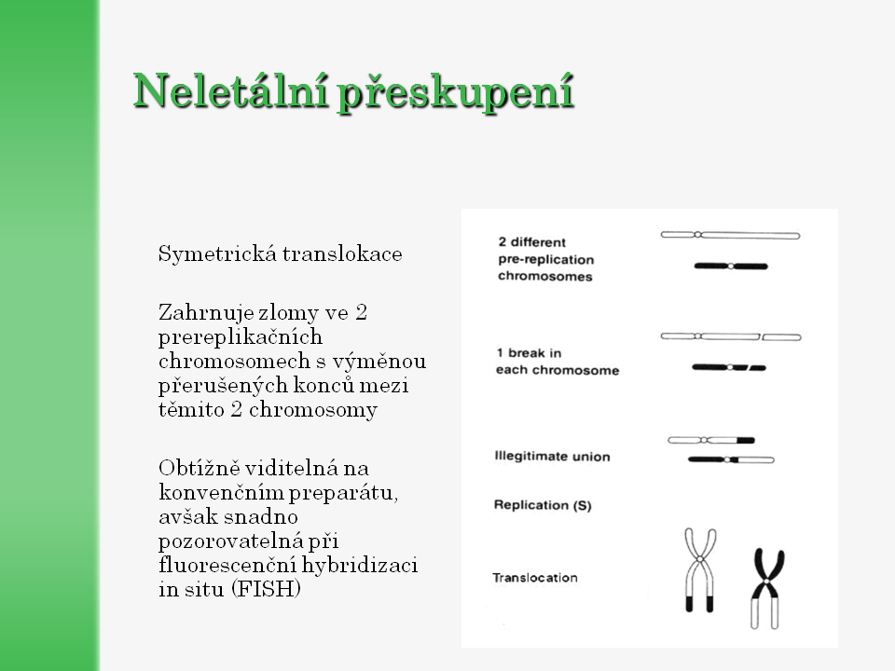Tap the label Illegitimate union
point(552,457)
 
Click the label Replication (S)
point(542,505)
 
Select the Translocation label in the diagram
point(535,578)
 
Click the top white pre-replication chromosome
point(730,235)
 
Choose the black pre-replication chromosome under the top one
point(731,266)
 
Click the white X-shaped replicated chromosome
point(698,568)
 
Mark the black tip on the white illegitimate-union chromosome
point(746,440)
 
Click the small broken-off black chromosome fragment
point(757,368)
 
